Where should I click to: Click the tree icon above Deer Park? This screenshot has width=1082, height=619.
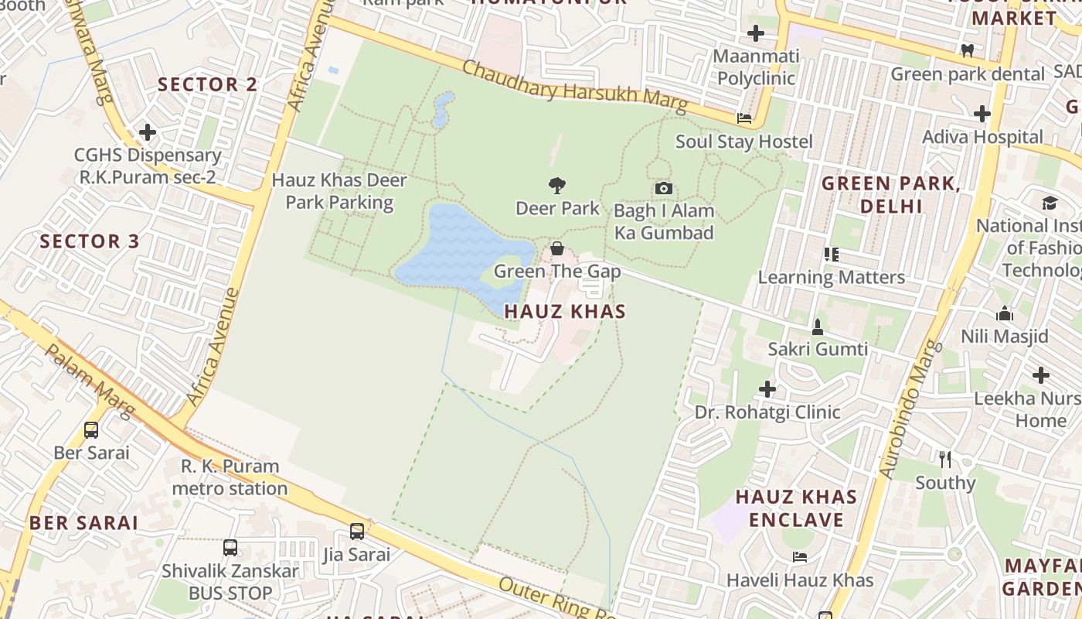556,185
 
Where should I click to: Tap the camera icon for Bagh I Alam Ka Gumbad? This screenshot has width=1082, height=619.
663,188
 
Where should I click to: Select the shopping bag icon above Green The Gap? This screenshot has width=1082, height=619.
556,248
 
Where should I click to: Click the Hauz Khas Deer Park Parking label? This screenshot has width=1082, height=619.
339,191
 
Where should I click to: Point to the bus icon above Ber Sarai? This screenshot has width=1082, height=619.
91,430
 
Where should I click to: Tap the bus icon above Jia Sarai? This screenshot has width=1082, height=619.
356,532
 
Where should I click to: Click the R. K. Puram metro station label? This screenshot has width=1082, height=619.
230,477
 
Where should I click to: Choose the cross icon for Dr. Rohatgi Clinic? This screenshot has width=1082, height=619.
767,388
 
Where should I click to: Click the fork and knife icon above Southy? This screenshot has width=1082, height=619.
944,460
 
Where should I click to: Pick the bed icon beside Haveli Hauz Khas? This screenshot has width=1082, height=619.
800,557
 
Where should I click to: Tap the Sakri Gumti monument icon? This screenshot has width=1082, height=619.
817,327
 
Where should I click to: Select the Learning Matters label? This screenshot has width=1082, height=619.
831,277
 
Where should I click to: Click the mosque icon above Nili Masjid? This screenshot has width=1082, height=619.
1005,313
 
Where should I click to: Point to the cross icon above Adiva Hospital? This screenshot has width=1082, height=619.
982,115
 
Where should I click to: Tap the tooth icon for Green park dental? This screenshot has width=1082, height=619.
967,51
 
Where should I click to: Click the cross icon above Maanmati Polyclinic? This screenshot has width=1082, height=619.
756,33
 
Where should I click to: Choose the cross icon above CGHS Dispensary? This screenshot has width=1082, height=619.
148,132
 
